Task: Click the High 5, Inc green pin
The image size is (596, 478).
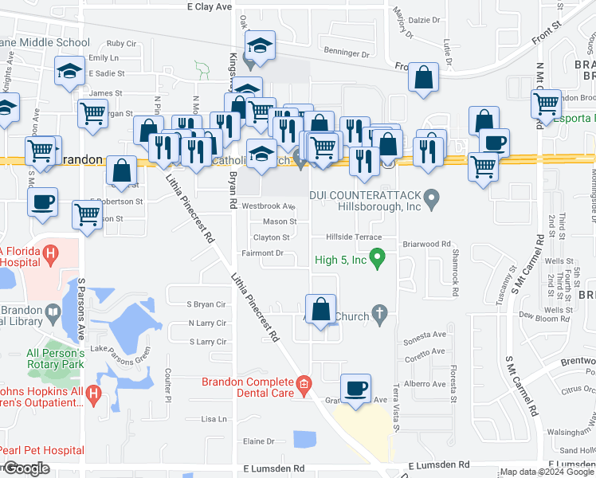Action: point(380,258)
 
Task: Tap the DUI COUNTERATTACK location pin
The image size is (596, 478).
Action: point(432,195)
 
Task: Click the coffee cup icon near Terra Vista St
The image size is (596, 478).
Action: point(356,389)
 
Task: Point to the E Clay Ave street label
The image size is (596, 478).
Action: point(209,6)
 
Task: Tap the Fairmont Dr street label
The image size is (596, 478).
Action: point(263,253)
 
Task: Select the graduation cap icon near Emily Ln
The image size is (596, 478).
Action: point(70,72)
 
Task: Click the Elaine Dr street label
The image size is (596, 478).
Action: point(258,441)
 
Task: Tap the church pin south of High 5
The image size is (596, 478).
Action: point(380,316)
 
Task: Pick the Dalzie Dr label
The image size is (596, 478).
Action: point(425,20)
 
